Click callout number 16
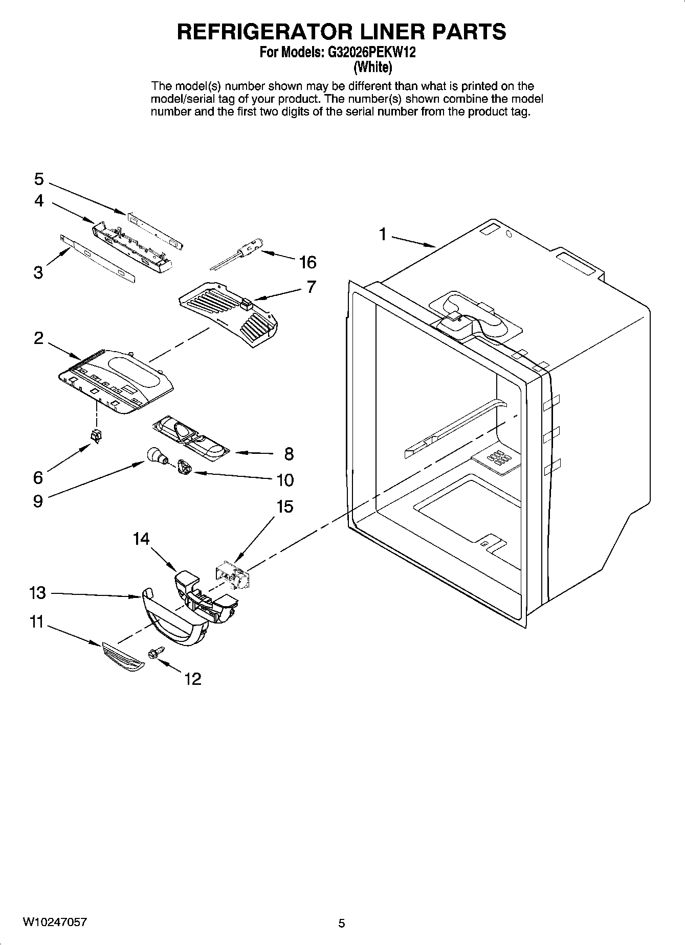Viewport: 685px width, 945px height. pyautogui.click(x=307, y=262)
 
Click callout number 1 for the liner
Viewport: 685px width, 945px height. pyautogui.click(x=382, y=234)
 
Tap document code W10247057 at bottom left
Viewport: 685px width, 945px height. pyautogui.click(x=54, y=923)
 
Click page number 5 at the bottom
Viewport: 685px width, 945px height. pyautogui.click(x=342, y=923)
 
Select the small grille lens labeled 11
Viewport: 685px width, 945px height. pyautogui.click(x=122, y=657)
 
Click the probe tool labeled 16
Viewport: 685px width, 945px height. pyautogui.click(x=238, y=252)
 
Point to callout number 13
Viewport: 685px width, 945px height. pyautogui.click(x=38, y=593)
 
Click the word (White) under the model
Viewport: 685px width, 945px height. pyautogui.click(x=373, y=67)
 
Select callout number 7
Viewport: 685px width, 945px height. pyautogui.click(x=312, y=287)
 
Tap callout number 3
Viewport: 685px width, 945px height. pyautogui.click(x=38, y=272)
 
